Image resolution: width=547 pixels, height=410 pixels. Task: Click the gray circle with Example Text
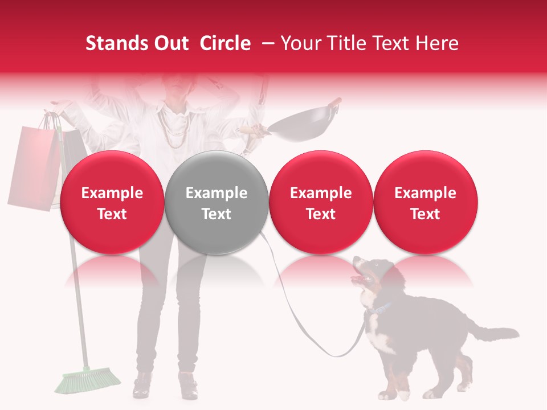[x=216, y=202]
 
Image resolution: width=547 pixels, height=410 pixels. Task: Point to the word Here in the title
[x=437, y=43]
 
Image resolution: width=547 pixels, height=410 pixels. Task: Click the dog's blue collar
[x=379, y=310]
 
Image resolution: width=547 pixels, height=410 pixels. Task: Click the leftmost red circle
[x=112, y=202]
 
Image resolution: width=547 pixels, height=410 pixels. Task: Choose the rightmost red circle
[x=425, y=202]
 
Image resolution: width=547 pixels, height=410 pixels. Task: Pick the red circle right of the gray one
[x=320, y=202]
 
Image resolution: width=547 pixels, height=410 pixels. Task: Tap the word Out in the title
[x=171, y=43]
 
